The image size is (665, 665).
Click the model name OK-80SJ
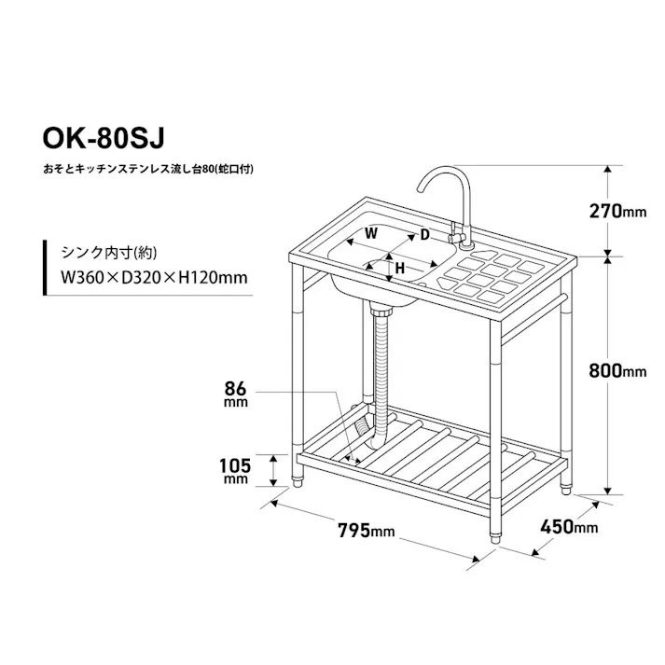(x=102, y=138)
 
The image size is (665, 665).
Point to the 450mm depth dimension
(x=569, y=527)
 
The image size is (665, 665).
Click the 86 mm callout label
(x=235, y=393)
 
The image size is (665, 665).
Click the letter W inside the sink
(x=370, y=233)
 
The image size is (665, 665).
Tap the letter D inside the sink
(x=424, y=234)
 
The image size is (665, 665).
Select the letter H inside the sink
(x=398, y=268)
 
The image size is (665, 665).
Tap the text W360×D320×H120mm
(x=154, y=277)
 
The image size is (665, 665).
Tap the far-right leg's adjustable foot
(x=567, y=485)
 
